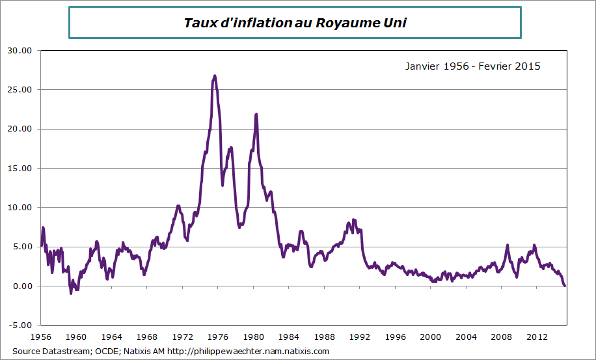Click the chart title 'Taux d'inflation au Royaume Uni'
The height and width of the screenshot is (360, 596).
(295, 23)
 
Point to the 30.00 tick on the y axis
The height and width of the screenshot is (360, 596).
(20, 50)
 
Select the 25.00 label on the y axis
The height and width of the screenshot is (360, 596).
(20, 89)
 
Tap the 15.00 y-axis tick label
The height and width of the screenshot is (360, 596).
(20, 168)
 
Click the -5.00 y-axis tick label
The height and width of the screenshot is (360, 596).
(20, 325)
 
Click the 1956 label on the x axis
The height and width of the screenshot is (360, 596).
(41, 337)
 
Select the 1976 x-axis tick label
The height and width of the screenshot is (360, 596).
(218, 337)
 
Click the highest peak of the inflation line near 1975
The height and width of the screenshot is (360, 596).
(214, 76)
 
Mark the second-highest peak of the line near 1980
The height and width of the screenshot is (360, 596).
(256, 115)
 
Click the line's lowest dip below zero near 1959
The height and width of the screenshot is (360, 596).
(71, 293)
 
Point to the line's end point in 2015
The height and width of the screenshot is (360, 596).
(565, 286)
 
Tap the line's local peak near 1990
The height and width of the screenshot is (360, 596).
(353, 220)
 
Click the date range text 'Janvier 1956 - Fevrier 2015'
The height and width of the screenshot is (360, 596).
(472, 66)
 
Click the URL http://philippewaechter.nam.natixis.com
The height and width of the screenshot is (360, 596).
(248, 352)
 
